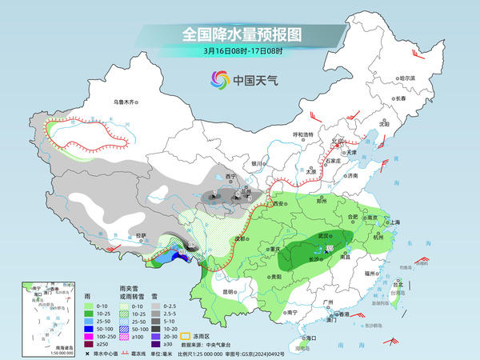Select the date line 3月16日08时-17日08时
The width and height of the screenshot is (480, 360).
coord(239,54)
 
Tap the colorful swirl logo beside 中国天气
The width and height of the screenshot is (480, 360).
coord(219,80)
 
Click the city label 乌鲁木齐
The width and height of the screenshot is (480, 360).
coord(126,102)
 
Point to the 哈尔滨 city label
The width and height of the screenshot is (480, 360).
coord(407,78)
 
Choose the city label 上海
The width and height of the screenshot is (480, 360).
coord(392,222)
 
